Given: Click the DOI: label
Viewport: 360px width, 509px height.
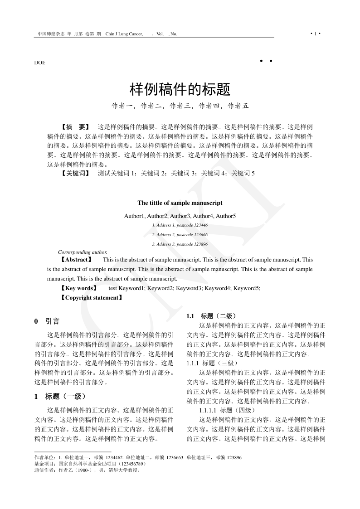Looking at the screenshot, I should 40,63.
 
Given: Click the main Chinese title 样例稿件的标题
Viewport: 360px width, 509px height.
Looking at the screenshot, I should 180,89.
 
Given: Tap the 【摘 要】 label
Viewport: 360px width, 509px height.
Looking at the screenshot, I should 75,127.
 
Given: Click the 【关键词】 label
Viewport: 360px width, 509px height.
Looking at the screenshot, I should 75,173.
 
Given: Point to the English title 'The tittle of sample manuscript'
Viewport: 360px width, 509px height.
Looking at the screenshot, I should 180,203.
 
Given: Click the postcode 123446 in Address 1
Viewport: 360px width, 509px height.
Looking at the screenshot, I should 200,225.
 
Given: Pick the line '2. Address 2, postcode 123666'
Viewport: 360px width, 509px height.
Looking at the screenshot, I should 180,235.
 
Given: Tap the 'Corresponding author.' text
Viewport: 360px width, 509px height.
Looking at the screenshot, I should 83,252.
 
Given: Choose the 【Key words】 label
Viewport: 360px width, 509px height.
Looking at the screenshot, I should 78,288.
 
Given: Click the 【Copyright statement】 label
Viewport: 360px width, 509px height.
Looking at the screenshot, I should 91,298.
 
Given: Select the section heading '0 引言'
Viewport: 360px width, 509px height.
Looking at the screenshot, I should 47,321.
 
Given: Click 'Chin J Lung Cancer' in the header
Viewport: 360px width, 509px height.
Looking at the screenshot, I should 124,34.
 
